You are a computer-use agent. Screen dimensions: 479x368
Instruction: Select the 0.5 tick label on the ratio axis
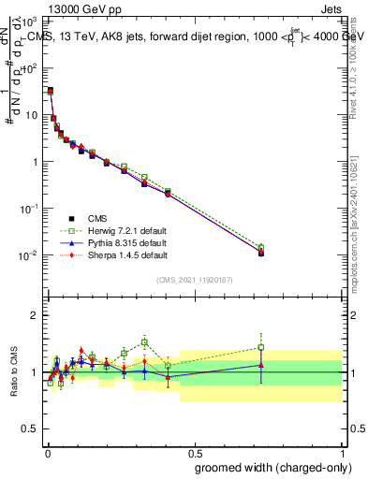pos(29,431)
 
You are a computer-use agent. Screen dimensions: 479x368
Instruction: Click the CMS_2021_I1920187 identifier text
pos(194,279)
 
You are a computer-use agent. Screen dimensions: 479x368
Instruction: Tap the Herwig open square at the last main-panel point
pos(261,248)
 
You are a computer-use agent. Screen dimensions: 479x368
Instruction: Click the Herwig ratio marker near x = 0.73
pos(261,347)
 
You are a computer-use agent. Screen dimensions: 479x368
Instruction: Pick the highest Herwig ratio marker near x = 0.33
pos(144,341)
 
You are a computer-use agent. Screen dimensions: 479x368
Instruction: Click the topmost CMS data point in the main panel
pos(50,91)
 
